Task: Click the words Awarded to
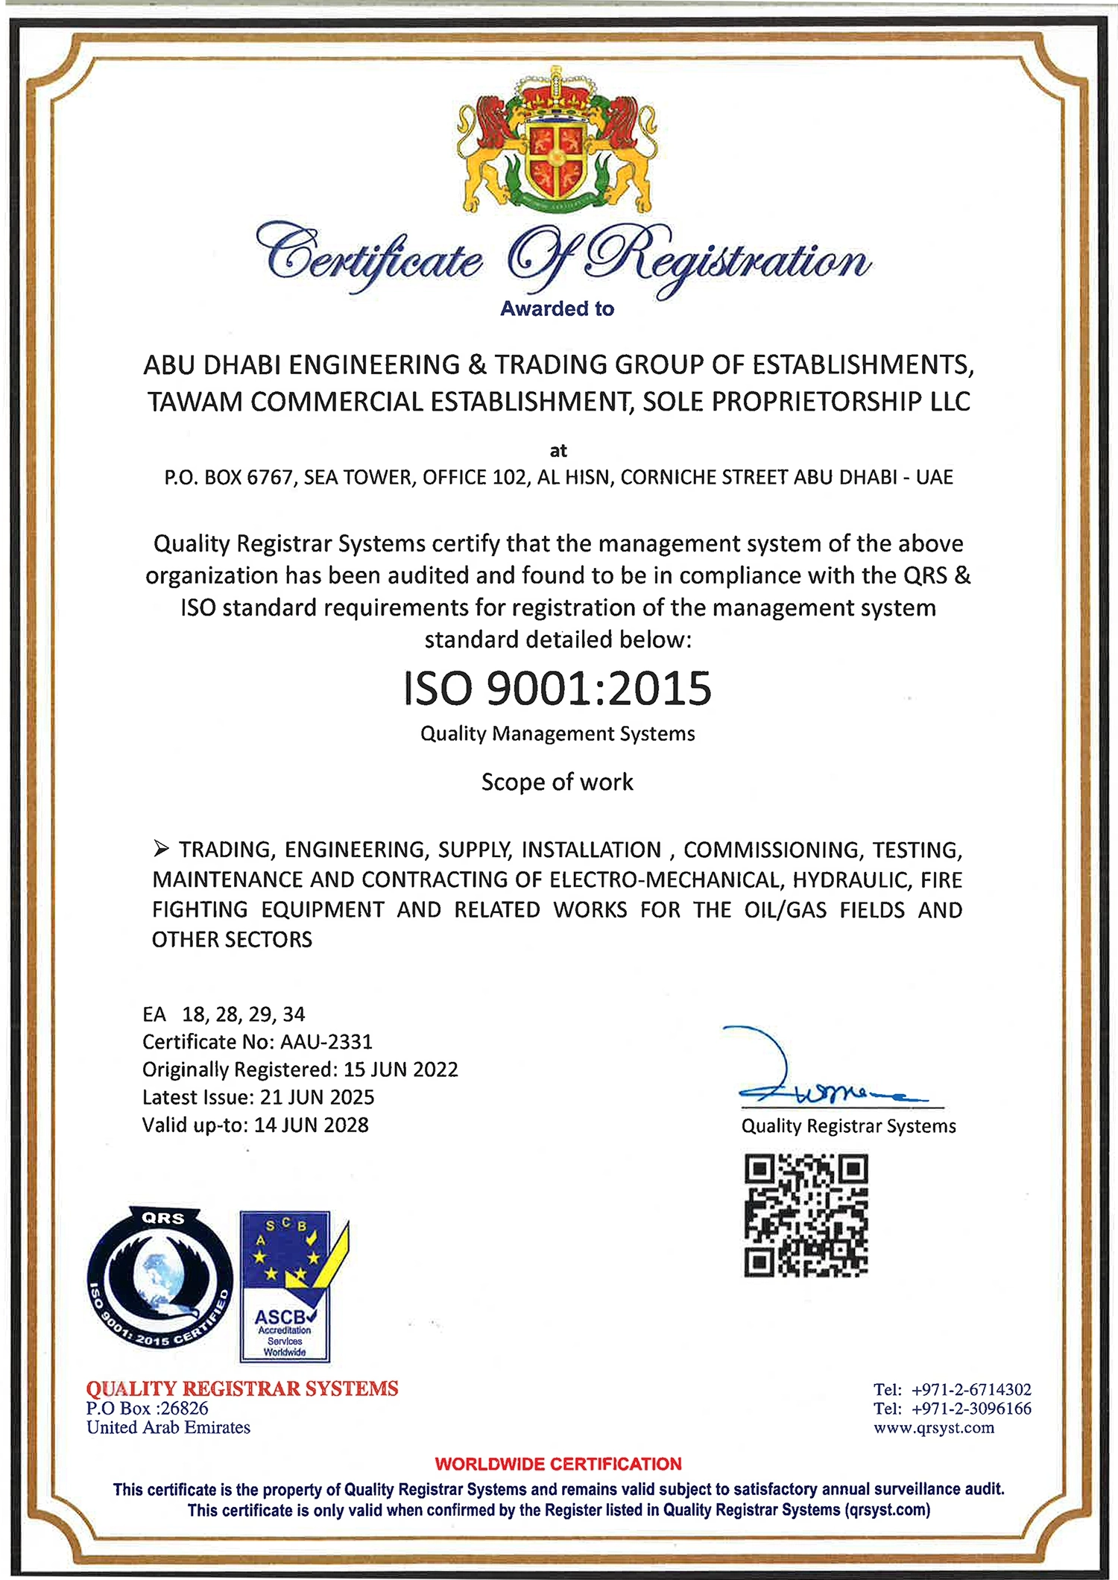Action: click(x=557, y=309)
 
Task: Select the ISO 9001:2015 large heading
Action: click(x=558, y=688)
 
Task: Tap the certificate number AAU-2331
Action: click(x=326, y=1041)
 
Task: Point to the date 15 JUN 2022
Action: click(x=401, y=1069)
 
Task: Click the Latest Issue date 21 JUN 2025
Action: click(x=318, y=1097)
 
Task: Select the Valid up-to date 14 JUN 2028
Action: click(x=312, y=1125)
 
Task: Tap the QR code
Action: click(x=806, y=1216)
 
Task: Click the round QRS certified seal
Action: click(x=160, y=1277)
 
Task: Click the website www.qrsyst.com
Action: click(x=934, y=1427)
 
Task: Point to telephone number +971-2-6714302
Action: click(x=971, y=1389)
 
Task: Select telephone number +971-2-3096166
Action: click(x=971, y=1409)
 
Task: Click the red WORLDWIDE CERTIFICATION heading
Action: click(x=558, y=1464)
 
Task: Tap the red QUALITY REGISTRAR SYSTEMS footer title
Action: click(x=242, y=1388)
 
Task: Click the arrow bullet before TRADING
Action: click(x=161, y=848)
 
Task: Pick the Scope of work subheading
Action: click(x=558, y=782)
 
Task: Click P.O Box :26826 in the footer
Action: click(x=147, y=1408)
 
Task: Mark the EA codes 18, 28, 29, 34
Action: click(x=243, y=1014)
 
